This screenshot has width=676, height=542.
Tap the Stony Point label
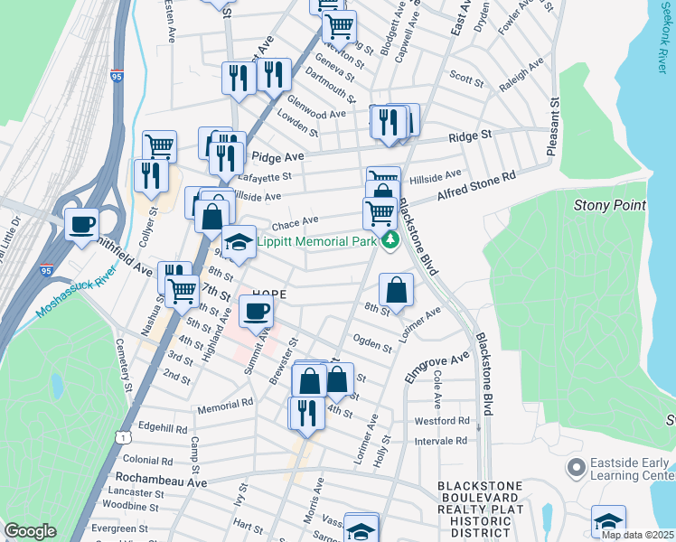(610, 206)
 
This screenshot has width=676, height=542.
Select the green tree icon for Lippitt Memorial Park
(390, 240)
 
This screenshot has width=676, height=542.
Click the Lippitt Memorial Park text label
(316, 242)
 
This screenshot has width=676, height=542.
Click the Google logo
(30, 531)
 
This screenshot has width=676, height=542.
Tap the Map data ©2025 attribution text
(637, 535)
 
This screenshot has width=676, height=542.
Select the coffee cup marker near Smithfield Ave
(82, 223)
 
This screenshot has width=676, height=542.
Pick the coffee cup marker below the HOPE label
(256, 312)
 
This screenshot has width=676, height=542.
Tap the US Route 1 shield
(120, 438)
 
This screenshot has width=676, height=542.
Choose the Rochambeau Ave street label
(159, 481)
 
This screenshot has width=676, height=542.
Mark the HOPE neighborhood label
(268, 294)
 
